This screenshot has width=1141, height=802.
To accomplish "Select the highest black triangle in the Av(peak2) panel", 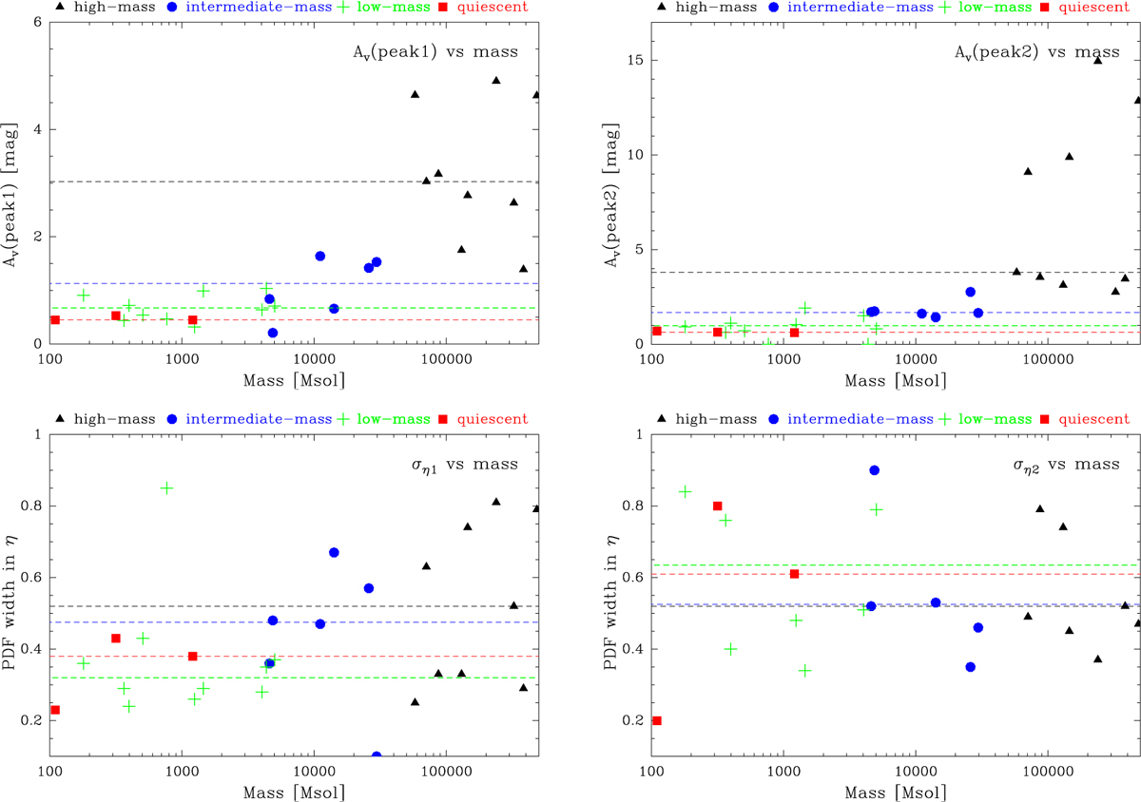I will (x=1097, y=59).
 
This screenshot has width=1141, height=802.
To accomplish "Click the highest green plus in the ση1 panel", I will (x=166, y=487).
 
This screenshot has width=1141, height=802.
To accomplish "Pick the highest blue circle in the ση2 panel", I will (x=874, y=470).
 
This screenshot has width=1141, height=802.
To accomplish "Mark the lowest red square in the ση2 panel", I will (x=656, y=720).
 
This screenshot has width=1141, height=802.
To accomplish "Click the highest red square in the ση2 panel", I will (x=717, y=506).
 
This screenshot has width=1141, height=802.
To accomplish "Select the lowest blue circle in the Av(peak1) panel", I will (x=273, y=333).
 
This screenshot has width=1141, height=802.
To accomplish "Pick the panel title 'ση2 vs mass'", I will (x=1062, y=465).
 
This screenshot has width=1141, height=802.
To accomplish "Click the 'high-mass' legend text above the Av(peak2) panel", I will (x=711, y=6).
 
